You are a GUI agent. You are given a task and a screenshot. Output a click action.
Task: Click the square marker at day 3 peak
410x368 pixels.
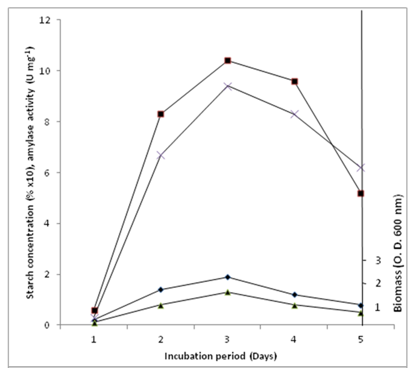pyautogui.click(x=228, y=60)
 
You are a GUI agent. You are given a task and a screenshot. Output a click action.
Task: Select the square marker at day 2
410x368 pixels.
pyautogui.click(x=161, y=114)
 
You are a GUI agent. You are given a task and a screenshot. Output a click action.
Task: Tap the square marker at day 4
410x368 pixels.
pyautogui.click(x=294, y=81)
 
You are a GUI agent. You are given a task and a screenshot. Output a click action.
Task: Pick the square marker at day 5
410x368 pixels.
pyautogui.click(x=361, y=193)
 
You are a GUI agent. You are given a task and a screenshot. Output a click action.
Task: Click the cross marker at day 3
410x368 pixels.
pyautogui.click(x=228, y=86)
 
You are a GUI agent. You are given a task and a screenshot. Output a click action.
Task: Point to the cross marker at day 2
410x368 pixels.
pyautogui.click(x=161, y=155)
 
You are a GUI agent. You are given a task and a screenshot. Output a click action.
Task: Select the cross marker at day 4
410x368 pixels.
pyautogui.click(x=294, y=114)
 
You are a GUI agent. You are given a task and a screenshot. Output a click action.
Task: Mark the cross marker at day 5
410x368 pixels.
pyautogui.click(x=361, y=168)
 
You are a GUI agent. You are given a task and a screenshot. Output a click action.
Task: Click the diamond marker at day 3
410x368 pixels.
pyautogui.click(x=228, y=277)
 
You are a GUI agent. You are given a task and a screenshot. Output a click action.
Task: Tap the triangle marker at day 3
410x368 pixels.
pyautogui.click(x=228, y=292)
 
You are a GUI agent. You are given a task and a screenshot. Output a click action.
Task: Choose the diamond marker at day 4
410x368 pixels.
pyautogui.click(x=294, y=295)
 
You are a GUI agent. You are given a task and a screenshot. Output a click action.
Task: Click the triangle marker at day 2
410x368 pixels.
pyautogui.click(x=161, y=305)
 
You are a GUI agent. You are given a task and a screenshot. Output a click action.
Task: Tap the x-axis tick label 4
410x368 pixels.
pyautogui.click(x=294, y=338)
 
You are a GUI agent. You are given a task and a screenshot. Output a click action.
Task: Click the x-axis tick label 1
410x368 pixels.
pyautogui.click(x=94, y=338)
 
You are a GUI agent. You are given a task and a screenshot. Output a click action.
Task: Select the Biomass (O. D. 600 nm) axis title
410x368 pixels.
pyautogui.click(x=398, y=254)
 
